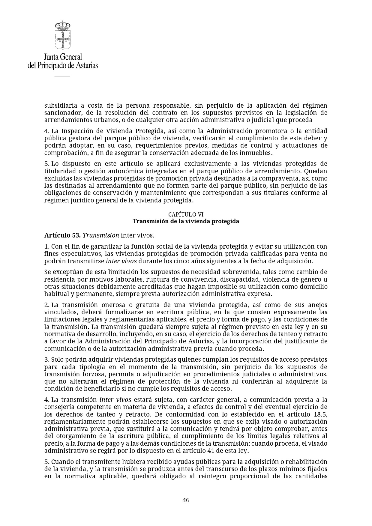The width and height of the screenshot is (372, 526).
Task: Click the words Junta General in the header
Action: [x=63, y=57]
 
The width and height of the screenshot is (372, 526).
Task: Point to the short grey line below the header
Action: [x=62, y=76]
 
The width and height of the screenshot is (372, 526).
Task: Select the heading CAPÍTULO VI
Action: [x=186, y=214]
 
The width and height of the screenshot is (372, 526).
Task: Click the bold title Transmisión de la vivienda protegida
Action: [x=186, y=221]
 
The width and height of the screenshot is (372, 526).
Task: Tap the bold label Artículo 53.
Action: [x=62, y=235]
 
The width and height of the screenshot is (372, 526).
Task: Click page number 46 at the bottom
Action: [x=186, y=500]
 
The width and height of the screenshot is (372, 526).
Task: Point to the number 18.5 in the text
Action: [x=321, y=414]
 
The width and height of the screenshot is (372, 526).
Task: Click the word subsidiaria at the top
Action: [x=60, y=106]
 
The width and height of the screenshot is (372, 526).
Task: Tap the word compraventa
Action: [x=274, y=178]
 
